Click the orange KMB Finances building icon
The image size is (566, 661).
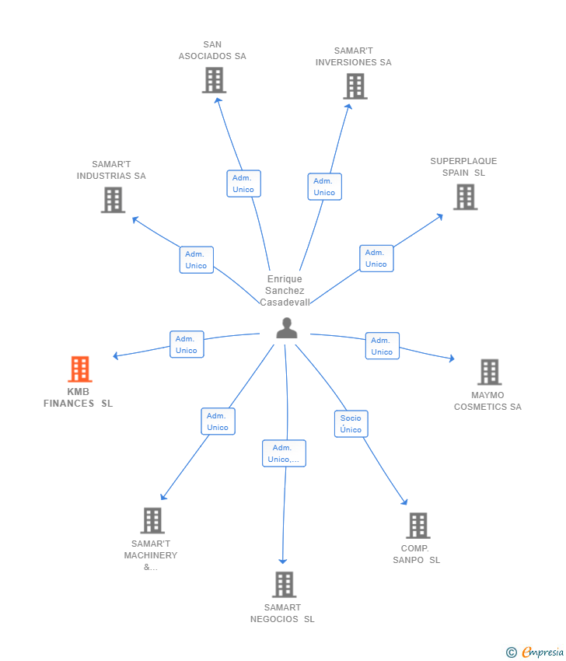click(x=79, y=369)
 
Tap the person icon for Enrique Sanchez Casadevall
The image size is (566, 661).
click(x=287, y=328)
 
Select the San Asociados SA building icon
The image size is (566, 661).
click(x=213, y=80)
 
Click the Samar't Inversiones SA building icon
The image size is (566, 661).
click(x=355, y=86)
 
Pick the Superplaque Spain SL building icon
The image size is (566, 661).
click(x=465, y=197)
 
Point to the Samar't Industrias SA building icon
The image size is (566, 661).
click(x=113, y=200)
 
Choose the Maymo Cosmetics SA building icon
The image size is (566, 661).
click(x=489, y=372)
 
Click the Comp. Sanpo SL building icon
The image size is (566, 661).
click(x=418, y=526)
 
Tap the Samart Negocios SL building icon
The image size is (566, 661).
click(x=284, y=584)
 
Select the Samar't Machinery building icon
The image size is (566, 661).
click(x=152, y=520)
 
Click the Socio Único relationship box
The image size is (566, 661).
click(x=351, y=424)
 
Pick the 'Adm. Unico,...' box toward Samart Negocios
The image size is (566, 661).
click(x=284, y=453)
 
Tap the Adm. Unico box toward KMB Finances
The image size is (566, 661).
click(x=187, y=344)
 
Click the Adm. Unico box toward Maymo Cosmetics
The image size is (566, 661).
click(x=382, y=346)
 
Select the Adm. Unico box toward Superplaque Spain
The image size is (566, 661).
click(x=376, y=258)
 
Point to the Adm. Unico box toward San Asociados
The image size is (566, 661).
click(x=243, y=184)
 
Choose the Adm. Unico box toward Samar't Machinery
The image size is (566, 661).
click(x=218, y=421)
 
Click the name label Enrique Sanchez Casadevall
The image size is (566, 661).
click(x=285, y=290)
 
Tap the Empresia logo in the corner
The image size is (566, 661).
click(x=533, y=652)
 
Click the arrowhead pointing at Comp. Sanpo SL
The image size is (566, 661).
click(x=404, y=502)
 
